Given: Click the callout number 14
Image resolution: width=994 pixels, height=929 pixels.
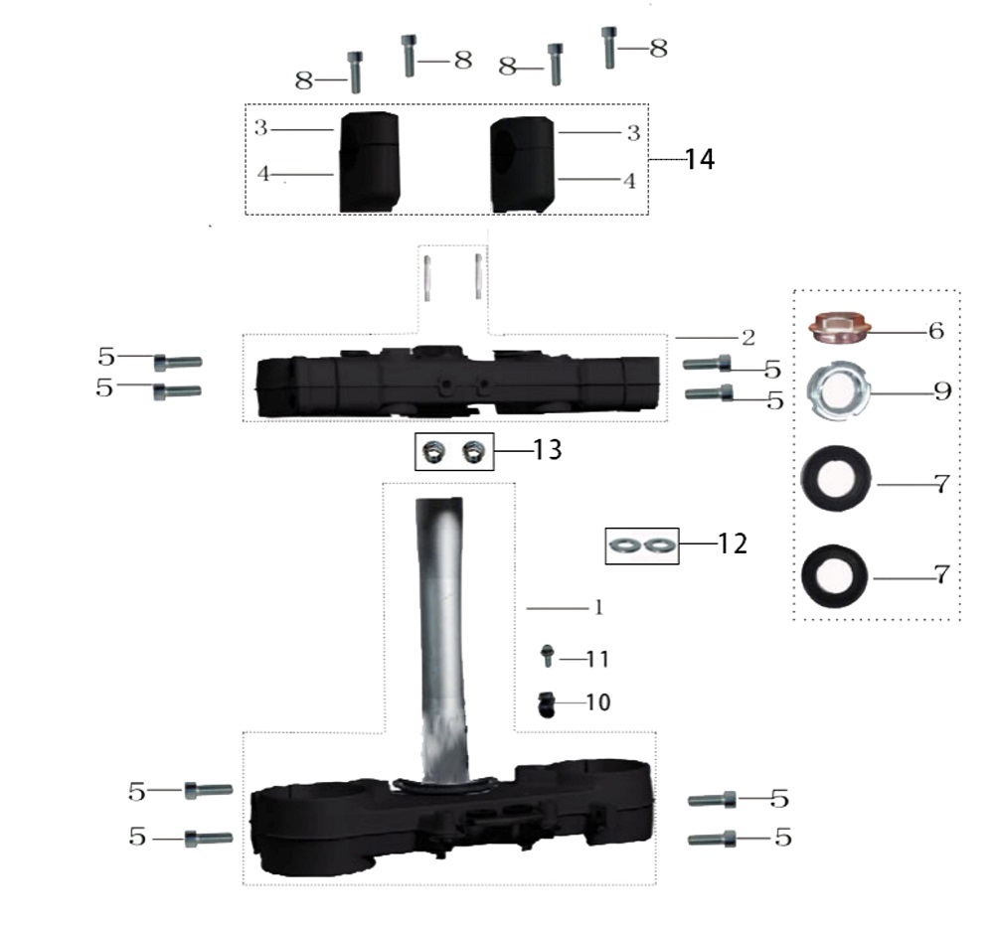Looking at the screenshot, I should [700, 159].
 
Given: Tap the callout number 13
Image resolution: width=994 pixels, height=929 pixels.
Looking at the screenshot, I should [548, 450].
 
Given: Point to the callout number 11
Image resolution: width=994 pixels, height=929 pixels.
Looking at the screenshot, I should [597, 659].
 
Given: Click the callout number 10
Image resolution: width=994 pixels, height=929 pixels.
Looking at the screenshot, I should [598, 702].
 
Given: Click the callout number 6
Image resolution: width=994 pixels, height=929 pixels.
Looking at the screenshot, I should [935, 331].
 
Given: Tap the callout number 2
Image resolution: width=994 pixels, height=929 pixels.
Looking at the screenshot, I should [748, 337].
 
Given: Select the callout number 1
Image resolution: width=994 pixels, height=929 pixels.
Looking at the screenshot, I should [598, 607].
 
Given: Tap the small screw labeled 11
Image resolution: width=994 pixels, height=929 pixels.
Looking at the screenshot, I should [546, 656].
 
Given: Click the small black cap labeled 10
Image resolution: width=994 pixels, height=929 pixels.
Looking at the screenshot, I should [547, 703].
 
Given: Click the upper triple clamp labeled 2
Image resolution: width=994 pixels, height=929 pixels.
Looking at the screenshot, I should [457, 383].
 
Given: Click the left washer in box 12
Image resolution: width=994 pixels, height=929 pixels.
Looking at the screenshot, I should [626, 544].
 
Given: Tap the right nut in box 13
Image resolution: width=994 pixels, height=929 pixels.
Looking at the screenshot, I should [476, 452].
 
